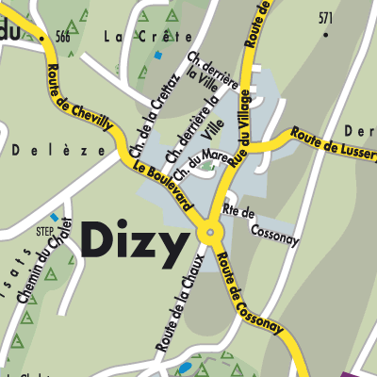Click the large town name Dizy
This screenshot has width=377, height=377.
click(x=134, y=244)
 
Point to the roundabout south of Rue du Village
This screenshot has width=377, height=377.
click(x=208, y=232)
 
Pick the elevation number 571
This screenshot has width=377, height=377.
click(x=326, y=18)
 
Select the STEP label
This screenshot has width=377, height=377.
click(x=44, y=228)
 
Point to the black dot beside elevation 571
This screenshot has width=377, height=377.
click(x=326, y=34)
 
